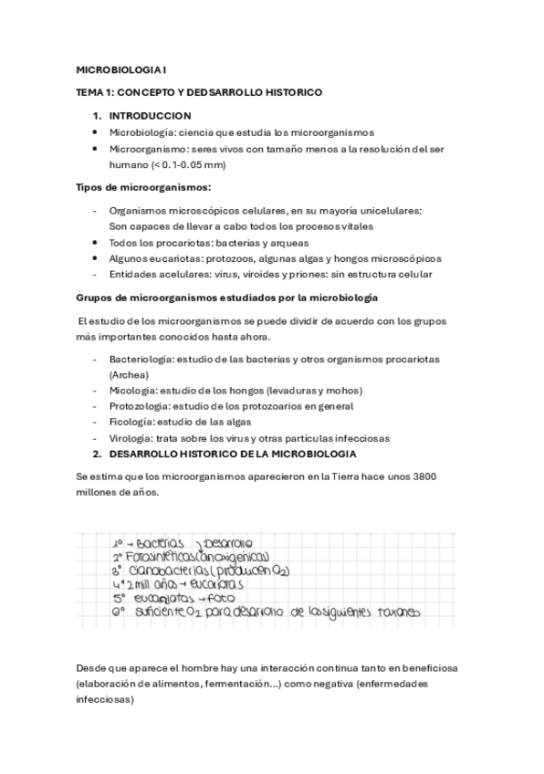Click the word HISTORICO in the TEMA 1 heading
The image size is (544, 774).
pos(290,92)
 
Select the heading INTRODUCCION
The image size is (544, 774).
pos(150,116)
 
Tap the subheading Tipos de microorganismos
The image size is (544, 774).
pos(142,187)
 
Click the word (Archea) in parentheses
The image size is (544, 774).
pos(128,374)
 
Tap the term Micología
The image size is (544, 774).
pos(132,391)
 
